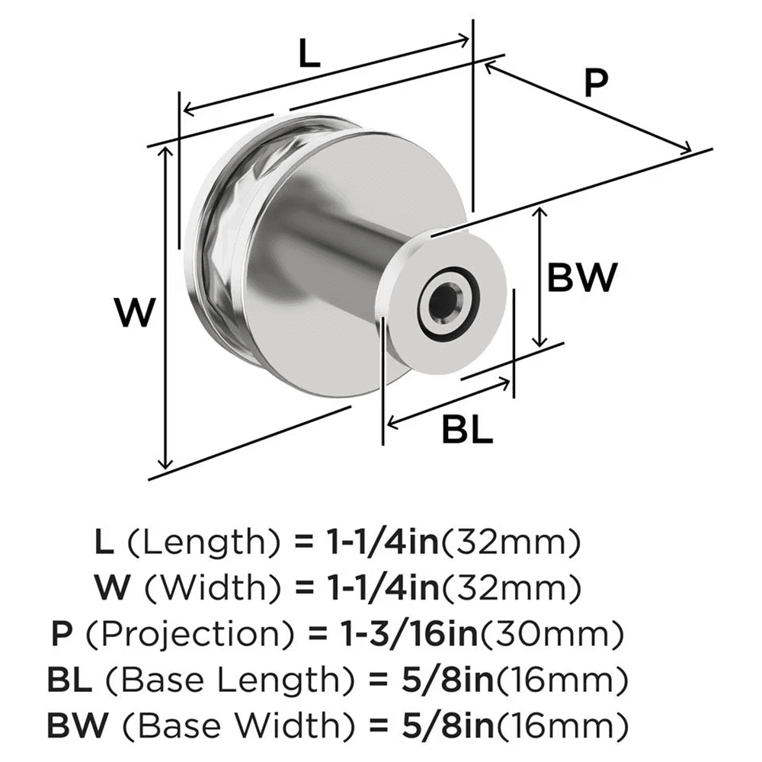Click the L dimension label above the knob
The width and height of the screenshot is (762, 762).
[308, 55]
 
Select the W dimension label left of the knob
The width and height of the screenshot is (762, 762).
[136, 313]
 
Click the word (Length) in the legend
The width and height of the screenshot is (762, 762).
[203, 543]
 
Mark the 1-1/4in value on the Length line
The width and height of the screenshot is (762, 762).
[380, 543]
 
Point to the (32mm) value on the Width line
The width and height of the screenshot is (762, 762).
[513, 588]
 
